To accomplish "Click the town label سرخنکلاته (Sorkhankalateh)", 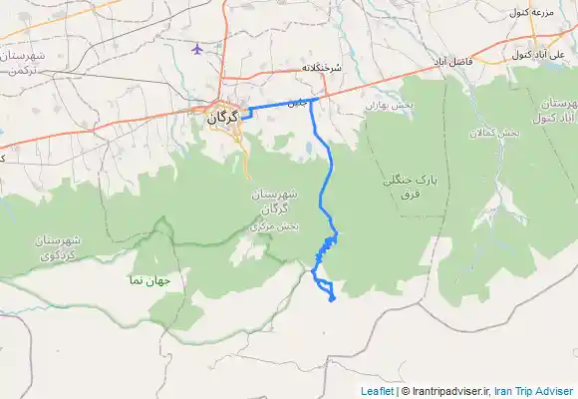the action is tap(322, 68).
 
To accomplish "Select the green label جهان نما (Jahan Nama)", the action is tap(149, 280).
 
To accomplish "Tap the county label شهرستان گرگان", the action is tap(269, 199).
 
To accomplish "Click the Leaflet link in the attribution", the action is tap(377, 391).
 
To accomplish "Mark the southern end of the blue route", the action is tap(332, 297).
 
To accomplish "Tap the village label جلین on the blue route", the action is tap(296, 102).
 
